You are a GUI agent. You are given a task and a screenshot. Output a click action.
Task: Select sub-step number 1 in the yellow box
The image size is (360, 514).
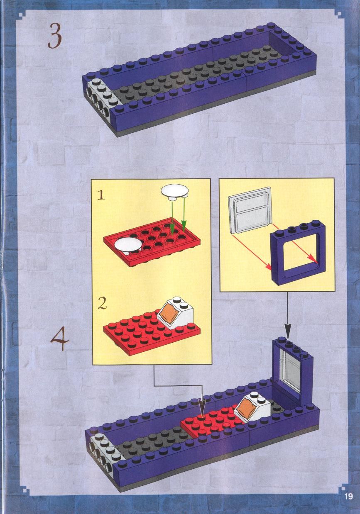point(101,196)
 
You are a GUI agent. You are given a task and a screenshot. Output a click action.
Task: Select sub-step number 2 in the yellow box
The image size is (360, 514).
point(102,304)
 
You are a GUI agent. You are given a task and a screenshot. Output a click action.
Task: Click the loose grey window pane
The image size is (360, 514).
point(250,212)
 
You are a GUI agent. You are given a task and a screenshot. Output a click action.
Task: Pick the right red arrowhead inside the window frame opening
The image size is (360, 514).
point(315,261)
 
